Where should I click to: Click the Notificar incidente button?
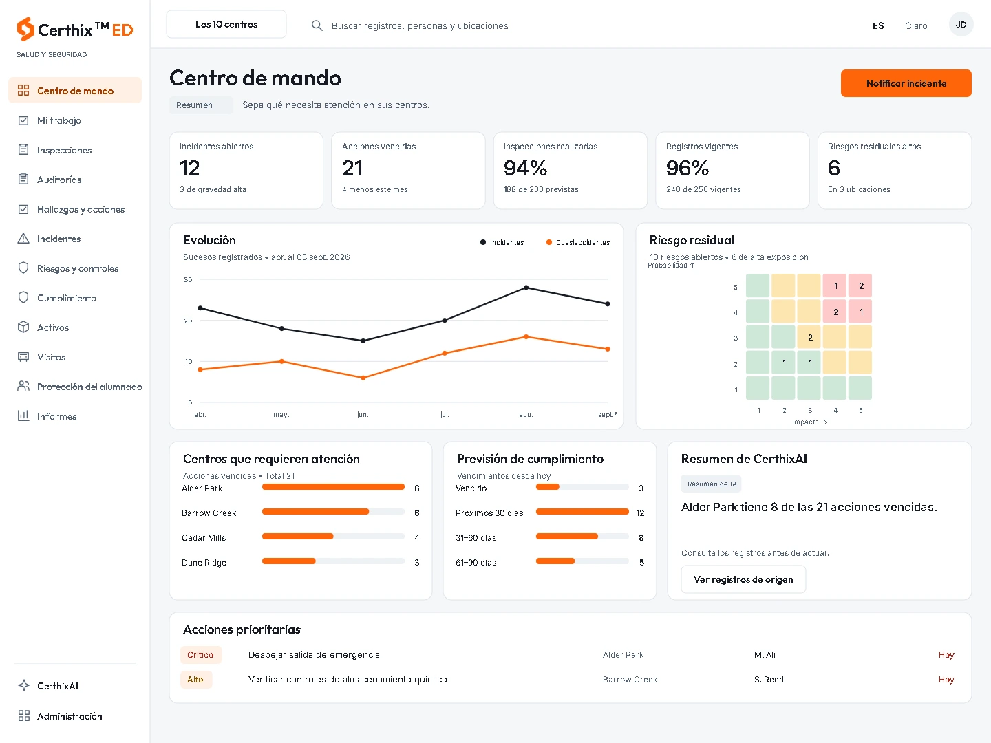906,83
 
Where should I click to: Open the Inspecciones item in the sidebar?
64,150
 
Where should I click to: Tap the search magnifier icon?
317,25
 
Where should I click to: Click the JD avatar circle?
961,25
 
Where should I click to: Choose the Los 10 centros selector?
226,24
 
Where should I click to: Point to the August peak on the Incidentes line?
526,288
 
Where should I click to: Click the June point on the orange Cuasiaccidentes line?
363,378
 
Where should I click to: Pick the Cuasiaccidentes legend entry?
578,242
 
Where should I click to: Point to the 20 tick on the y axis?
188,321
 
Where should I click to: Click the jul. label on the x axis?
445,415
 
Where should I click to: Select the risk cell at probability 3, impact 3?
809,337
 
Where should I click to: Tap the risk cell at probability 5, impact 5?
860,286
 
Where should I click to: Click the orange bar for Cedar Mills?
297,537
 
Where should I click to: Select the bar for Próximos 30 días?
582,512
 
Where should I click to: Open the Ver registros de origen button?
743,579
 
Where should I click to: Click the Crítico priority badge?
200,654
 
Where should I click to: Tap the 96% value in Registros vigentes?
687,169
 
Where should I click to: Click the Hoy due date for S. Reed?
946,680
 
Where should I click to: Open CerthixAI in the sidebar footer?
58,686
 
